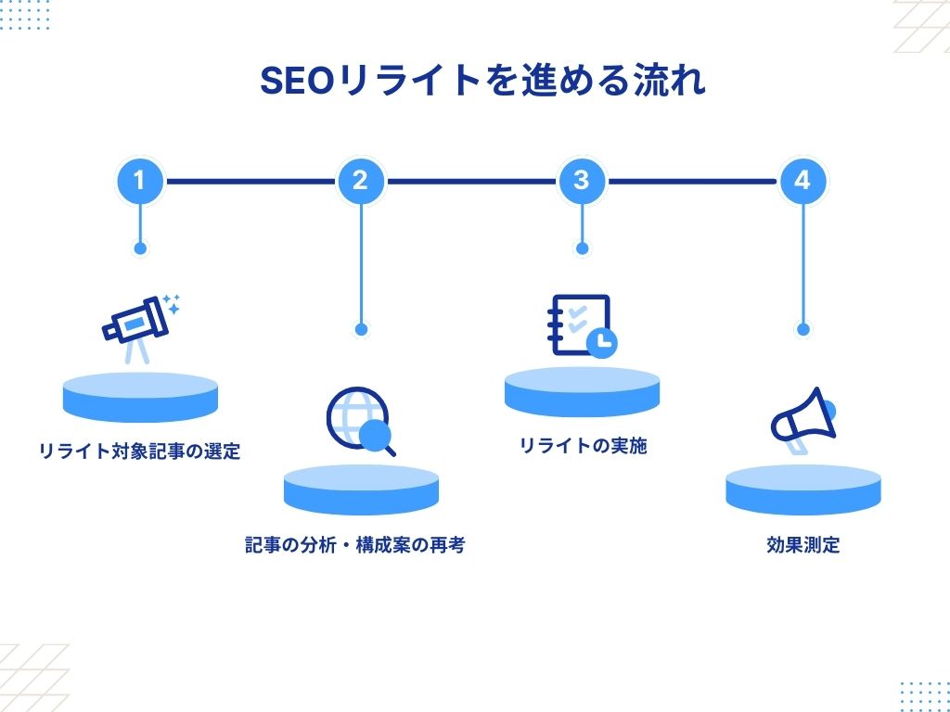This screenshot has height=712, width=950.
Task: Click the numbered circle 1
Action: [140, 181]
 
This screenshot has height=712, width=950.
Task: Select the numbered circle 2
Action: [361, 181]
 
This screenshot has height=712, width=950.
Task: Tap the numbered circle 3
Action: [582, 181]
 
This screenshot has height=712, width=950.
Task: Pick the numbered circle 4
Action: [802, 181]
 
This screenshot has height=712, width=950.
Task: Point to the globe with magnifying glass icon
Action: [361, 422]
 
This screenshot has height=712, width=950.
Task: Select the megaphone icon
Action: [803, 418]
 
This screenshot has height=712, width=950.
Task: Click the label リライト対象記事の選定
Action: [139, 451]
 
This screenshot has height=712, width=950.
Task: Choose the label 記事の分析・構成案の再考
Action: [354, 545]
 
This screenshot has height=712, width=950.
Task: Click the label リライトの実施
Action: [583, 446]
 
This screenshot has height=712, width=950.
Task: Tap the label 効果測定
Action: [803, 545]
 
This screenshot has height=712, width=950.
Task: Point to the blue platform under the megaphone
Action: [803, 489]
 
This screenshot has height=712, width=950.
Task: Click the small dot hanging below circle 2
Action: [361, 329]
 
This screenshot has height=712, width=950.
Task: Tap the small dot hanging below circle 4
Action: [803, 329]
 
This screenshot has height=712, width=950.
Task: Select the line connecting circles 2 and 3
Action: [471, 181]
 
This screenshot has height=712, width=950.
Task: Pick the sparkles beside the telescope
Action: [171, 301]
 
